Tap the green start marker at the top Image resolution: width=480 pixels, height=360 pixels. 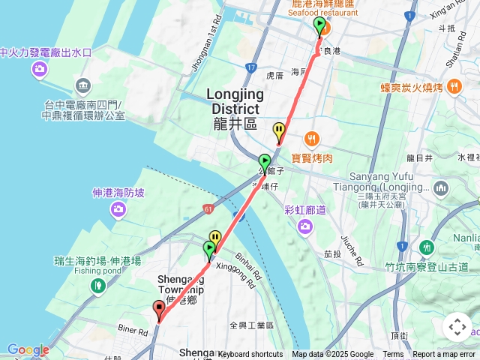320,27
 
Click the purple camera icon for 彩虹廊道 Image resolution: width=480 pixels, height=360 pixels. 304,226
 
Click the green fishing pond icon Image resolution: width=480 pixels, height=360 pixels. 97,285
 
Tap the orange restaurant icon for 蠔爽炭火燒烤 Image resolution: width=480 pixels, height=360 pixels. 454,88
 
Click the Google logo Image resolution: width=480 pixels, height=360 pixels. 28,349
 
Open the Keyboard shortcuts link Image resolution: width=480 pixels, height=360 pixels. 251,355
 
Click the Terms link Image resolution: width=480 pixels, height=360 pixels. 393,355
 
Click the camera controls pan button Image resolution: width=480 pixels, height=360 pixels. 457,326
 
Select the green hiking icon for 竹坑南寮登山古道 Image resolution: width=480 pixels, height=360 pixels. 427,246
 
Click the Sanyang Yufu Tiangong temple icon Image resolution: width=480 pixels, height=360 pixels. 441,187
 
